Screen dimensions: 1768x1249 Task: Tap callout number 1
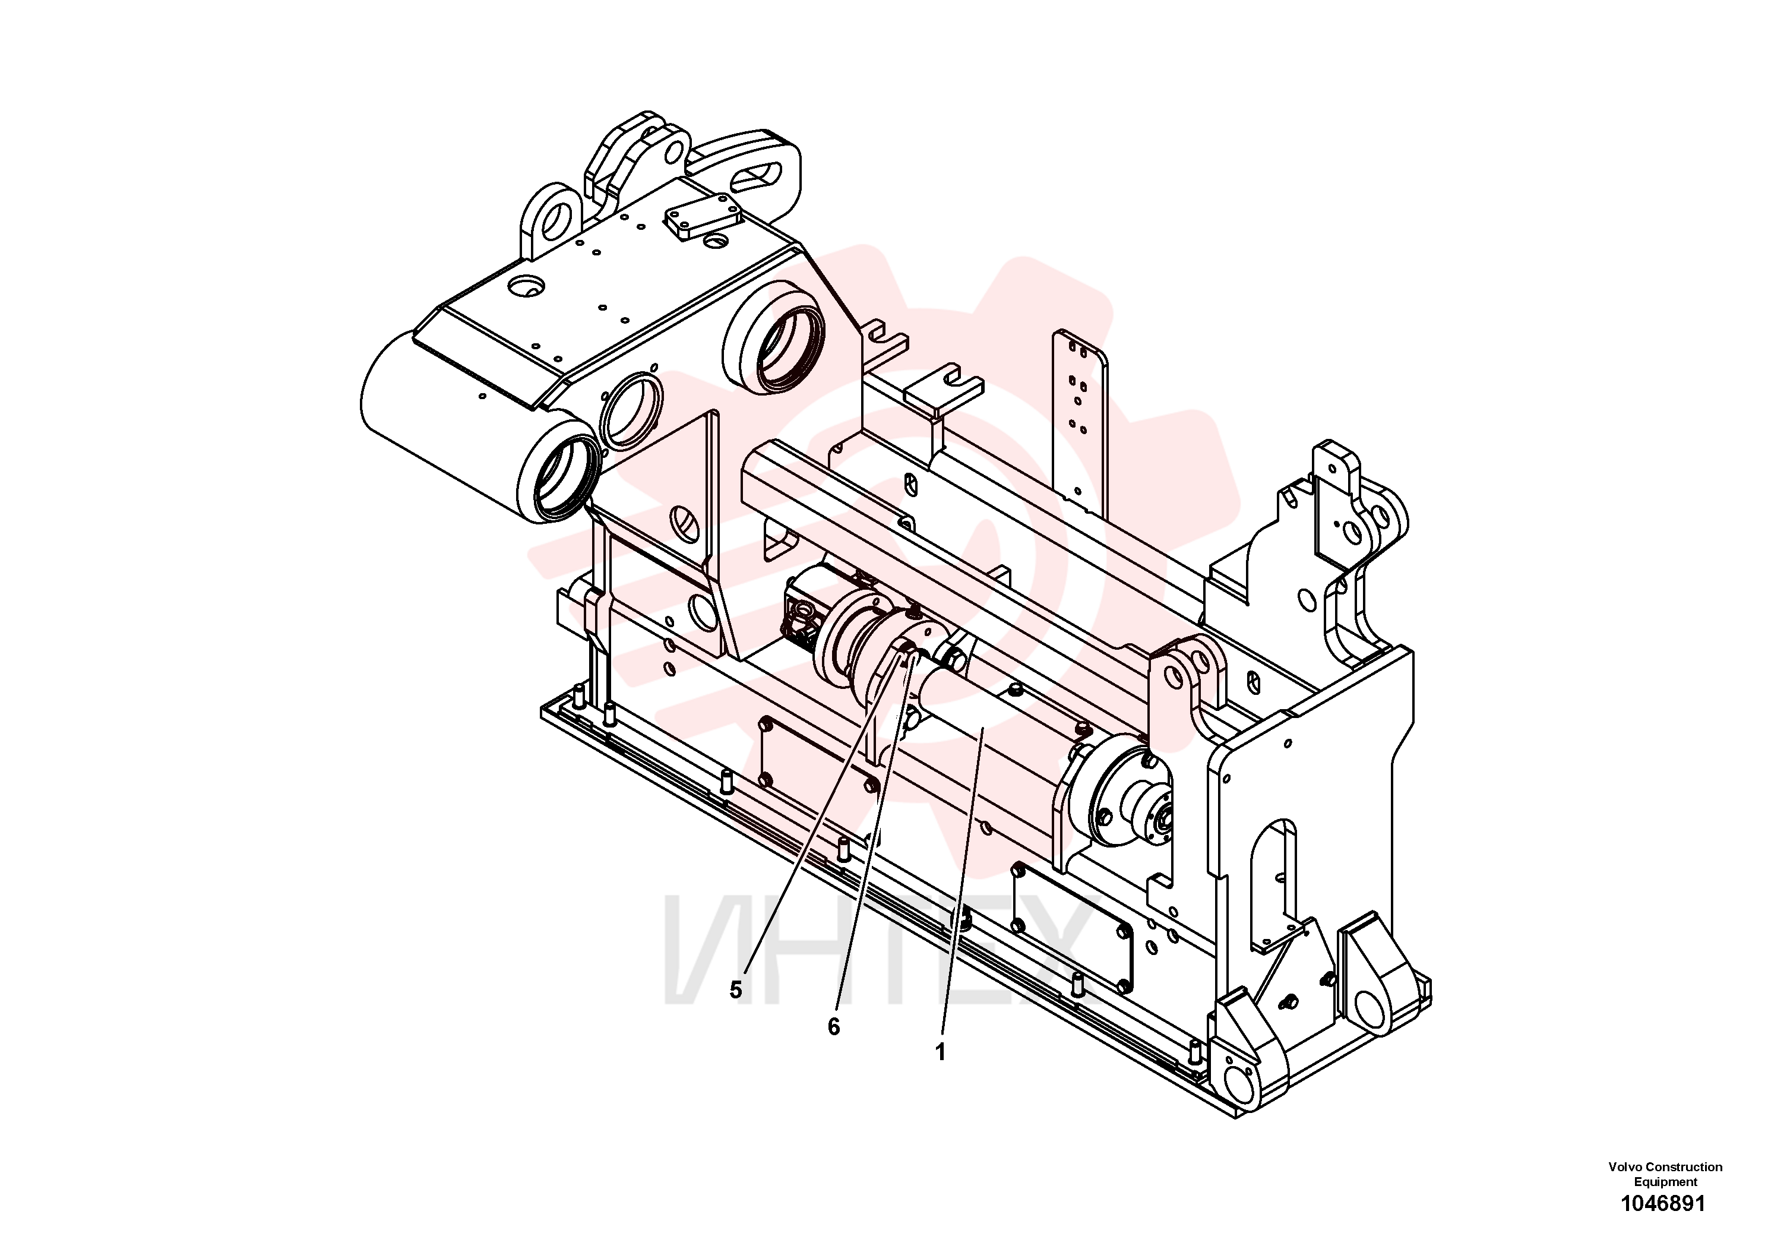pyautogui.click(x=940, y=1052)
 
